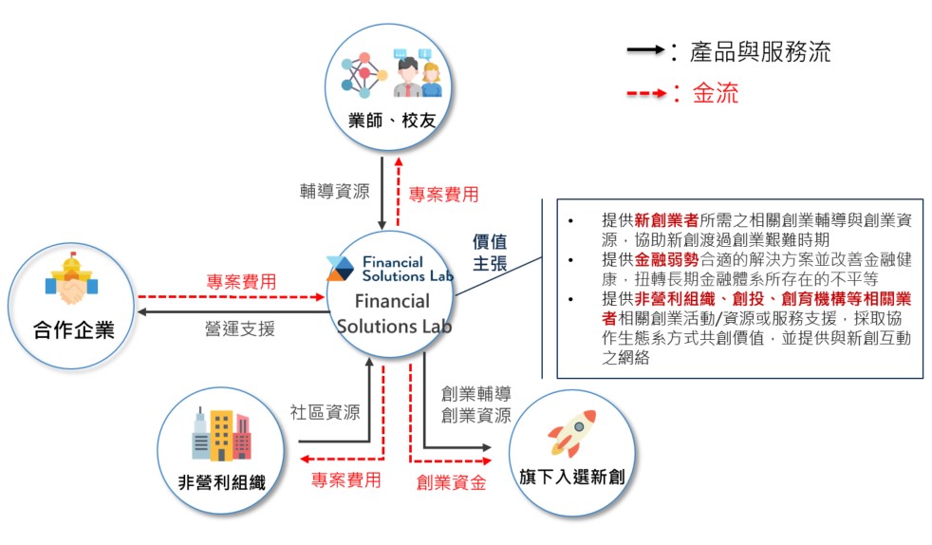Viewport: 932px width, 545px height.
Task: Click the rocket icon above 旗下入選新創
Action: coord(572,434)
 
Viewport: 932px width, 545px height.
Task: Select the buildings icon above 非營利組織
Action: coord(221,435)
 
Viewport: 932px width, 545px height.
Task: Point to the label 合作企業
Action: coord(71,329)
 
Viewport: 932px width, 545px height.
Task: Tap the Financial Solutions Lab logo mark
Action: coord(341,269)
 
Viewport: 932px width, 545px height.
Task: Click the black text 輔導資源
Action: coord(334,193)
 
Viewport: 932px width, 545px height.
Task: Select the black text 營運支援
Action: coord(240,329)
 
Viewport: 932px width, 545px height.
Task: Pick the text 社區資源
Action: coord(325,412)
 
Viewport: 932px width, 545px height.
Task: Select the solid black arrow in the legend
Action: coord(646,51)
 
